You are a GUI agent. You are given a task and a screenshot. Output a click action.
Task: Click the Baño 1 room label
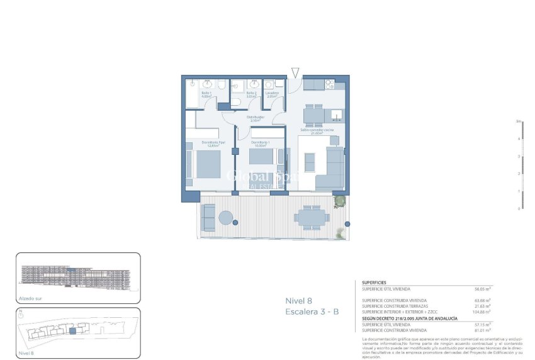coord(206,94)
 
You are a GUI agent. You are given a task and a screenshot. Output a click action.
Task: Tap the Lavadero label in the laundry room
coord(272,94)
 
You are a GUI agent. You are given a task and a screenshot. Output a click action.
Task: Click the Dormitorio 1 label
coord(261,144)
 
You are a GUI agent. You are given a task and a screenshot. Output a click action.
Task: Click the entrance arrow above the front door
coord(296,73)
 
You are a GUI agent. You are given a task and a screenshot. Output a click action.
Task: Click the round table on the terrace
coord(225,218)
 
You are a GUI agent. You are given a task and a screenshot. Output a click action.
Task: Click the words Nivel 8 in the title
coord(300,301)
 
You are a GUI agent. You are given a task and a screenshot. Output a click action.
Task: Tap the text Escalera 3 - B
coord(312,312)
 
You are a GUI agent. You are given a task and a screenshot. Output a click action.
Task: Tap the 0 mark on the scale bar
coord(519,208)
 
